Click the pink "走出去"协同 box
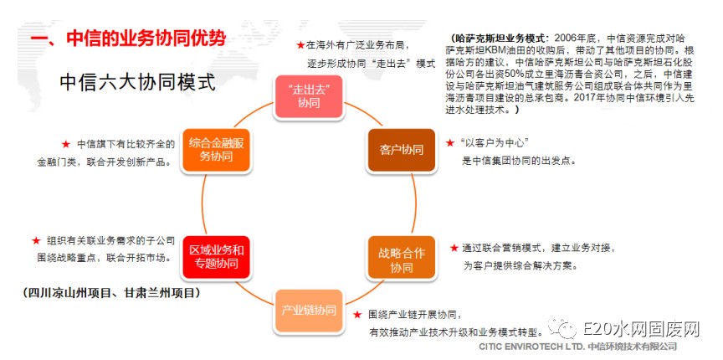(309, 96)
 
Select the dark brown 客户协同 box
(401, 150)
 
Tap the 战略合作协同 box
(401, 258)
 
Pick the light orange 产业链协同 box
(309, 311)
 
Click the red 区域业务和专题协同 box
(216, 257)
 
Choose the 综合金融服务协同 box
(216, 150)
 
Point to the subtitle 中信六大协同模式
(138, 83)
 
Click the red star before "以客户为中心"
(450, 143)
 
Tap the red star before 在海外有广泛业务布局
(300, 45)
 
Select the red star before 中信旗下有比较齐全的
(66, 145)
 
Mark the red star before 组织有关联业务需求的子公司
(37, 240)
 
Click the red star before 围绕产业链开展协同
(357, 315)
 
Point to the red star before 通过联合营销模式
(454, 248)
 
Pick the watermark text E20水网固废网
(641, 330)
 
